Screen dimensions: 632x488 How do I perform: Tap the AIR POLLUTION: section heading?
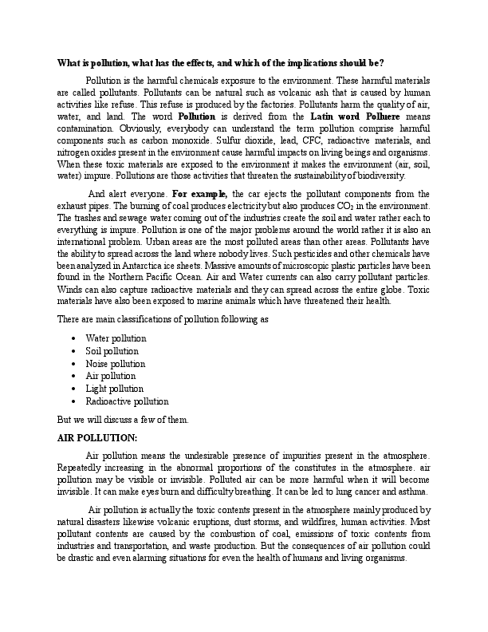click(x=96, y=438)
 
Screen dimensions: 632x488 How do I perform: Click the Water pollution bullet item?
click(x=116, y=338)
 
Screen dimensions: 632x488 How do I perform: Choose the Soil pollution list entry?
click(x=112, y=350)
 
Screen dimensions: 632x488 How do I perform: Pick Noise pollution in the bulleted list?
click(x=115, y=363)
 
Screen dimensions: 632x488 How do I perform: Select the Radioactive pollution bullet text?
click(x=127, y=401)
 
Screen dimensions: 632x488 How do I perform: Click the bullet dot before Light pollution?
click(x=73, y=389)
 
